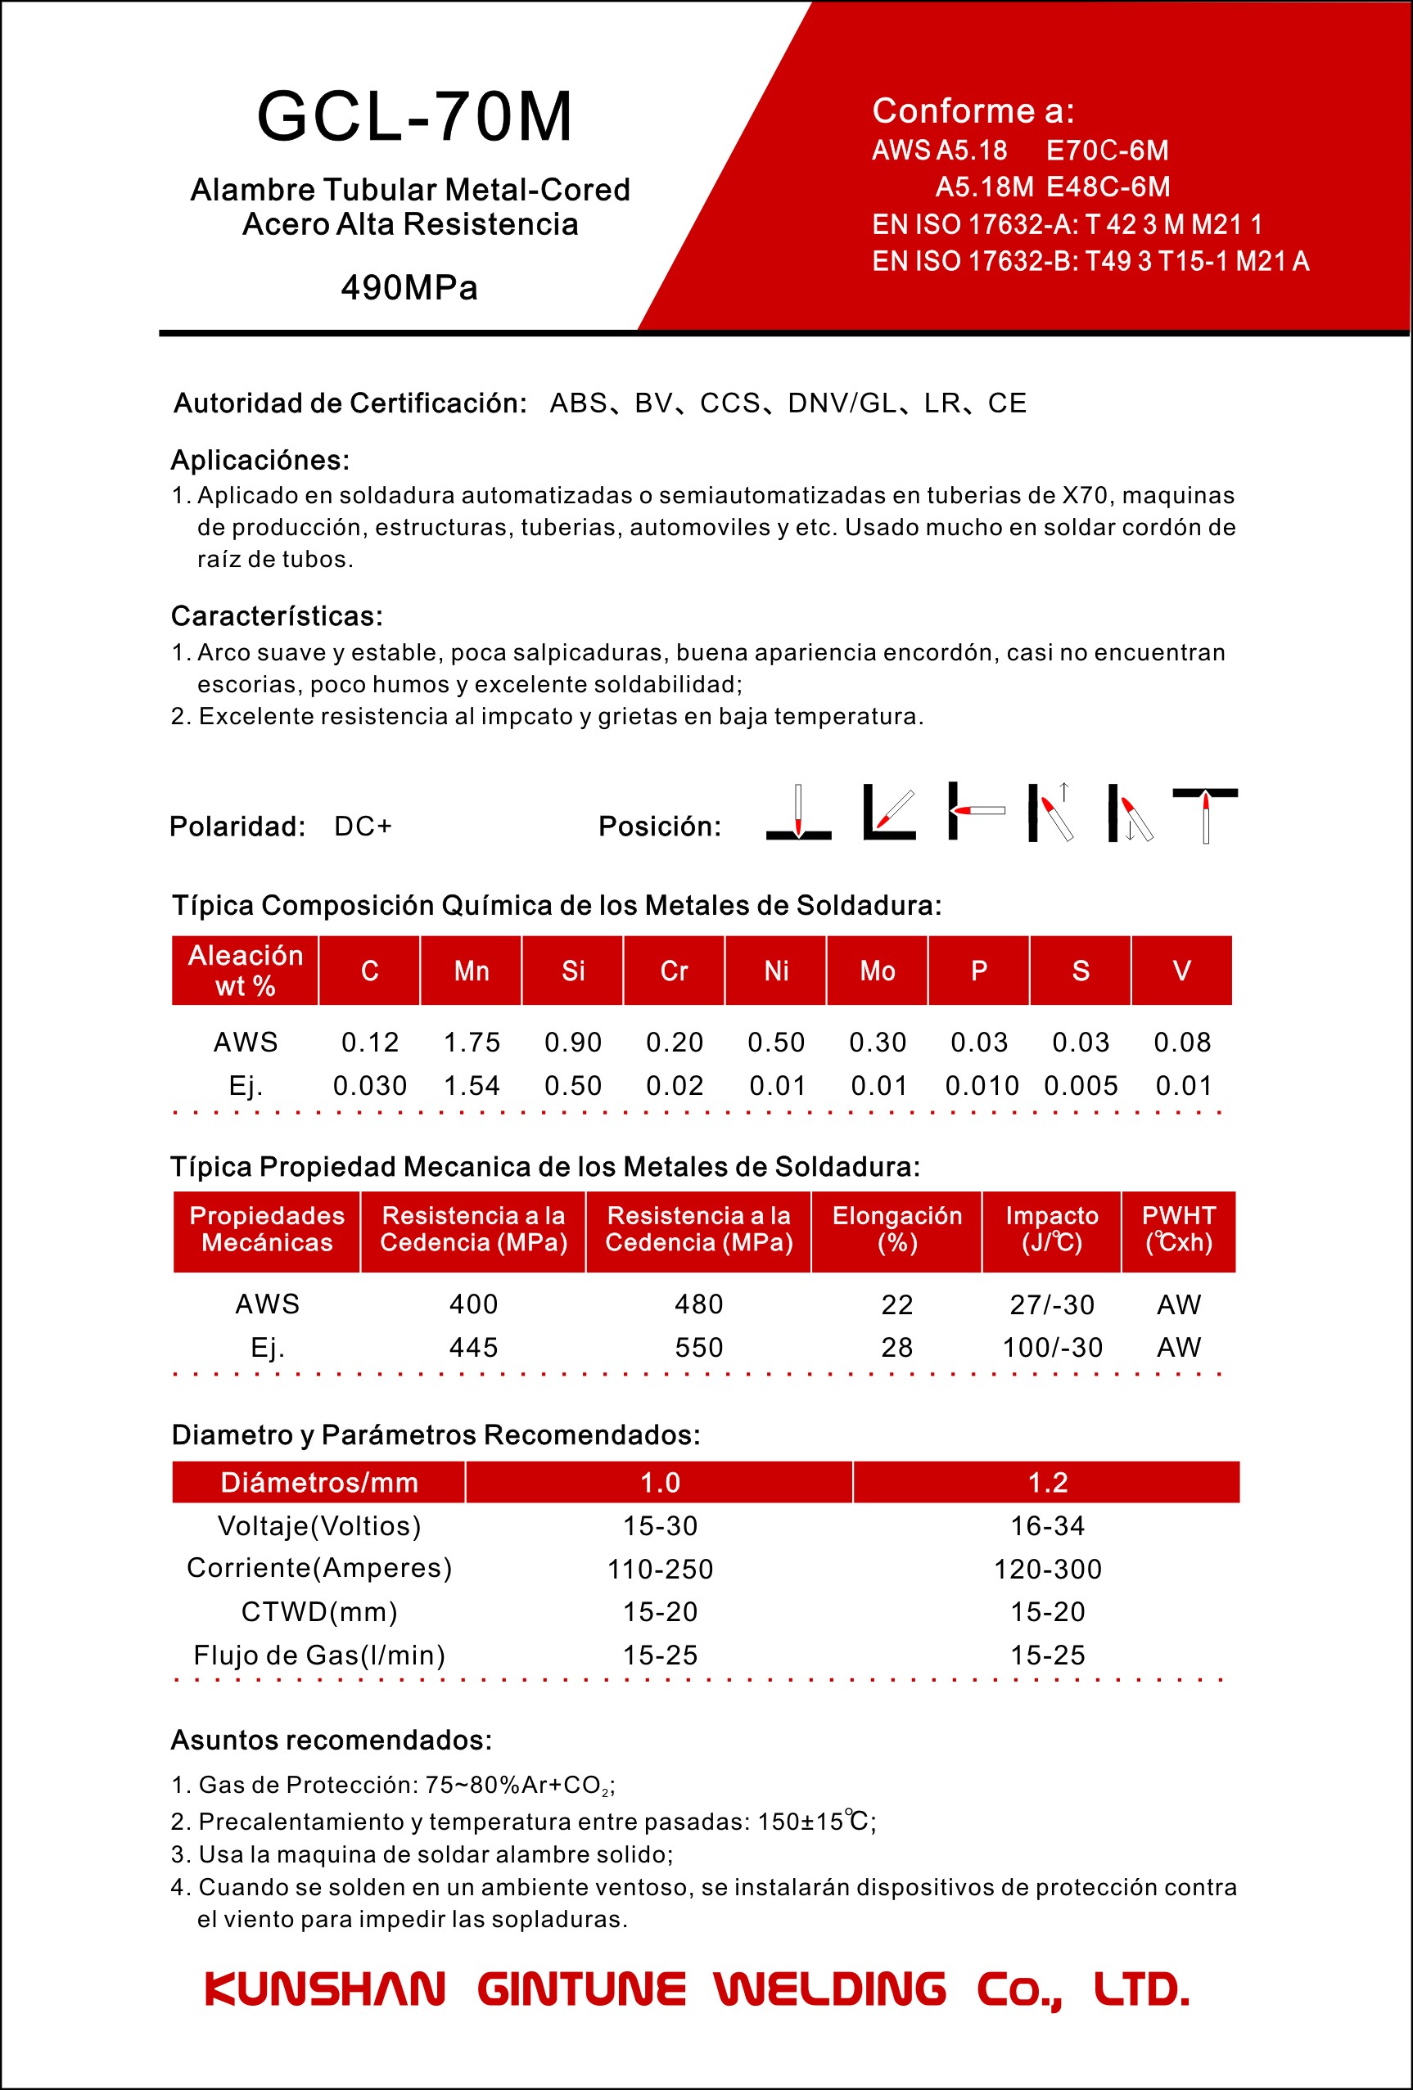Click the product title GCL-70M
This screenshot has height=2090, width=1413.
tap(414, 117)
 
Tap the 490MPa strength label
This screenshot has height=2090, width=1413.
tap(409, 288)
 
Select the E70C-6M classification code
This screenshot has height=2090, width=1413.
tap(1107, 151)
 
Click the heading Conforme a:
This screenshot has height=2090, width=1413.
tap(973, 110)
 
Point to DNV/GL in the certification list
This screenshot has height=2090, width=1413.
tap(842, 403)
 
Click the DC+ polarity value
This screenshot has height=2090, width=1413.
tap(363, 826)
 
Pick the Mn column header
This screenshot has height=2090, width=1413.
tap(472, 971)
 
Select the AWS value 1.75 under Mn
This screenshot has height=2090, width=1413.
tap(472, 1043)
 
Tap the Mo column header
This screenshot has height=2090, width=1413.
tap(877, 971)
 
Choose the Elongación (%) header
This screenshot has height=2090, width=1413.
tap(896, 1229)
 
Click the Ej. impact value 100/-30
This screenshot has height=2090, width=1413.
tap(1052, 1347)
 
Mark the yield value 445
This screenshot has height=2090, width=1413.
tap(473, 1347)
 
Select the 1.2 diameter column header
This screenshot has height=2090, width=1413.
tap(1047, 1482)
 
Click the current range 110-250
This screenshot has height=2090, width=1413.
tap(660, 1569)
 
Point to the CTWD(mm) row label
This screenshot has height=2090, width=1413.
tap(319, 1611)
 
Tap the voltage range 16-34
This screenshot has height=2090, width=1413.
tap(1047, 1525)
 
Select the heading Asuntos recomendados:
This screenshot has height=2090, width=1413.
tap(331, 1739)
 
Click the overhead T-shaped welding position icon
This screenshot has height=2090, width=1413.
tap(1204, 815)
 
